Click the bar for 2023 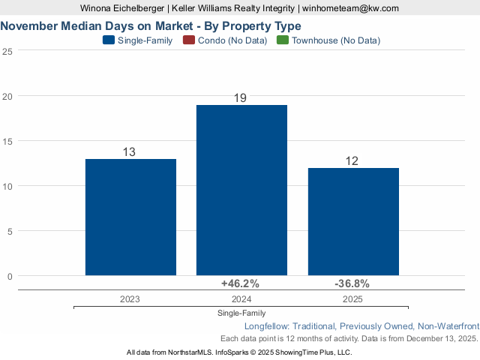pos(130,217)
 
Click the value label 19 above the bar pos(241,98)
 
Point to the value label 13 pos(129,152)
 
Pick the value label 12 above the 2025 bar pos(352,161)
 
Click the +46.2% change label pos(240,283)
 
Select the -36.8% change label pos(352,283)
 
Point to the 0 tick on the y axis pos(10,276)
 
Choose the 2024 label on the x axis pos(241,298)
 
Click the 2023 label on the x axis pos(130,298)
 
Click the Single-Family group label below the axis pos(241,313)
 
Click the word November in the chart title pos(32,26)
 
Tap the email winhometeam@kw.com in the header pos(350,8)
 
